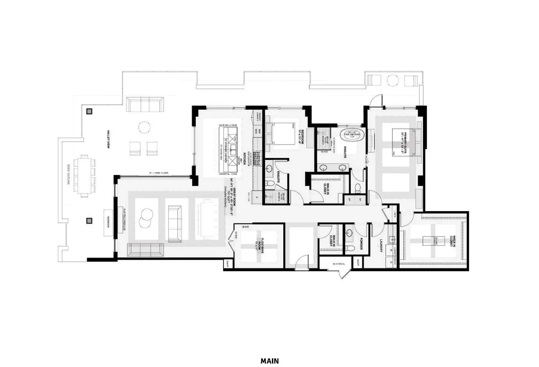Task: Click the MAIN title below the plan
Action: [269, 361]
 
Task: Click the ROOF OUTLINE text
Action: [68, 175]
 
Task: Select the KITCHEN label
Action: [245, 158]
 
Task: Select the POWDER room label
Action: [362, 243]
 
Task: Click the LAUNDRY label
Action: [382, 246]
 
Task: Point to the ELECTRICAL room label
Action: [339, 264]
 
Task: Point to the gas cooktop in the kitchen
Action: [258, 158]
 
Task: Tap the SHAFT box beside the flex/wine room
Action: [227, 264]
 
